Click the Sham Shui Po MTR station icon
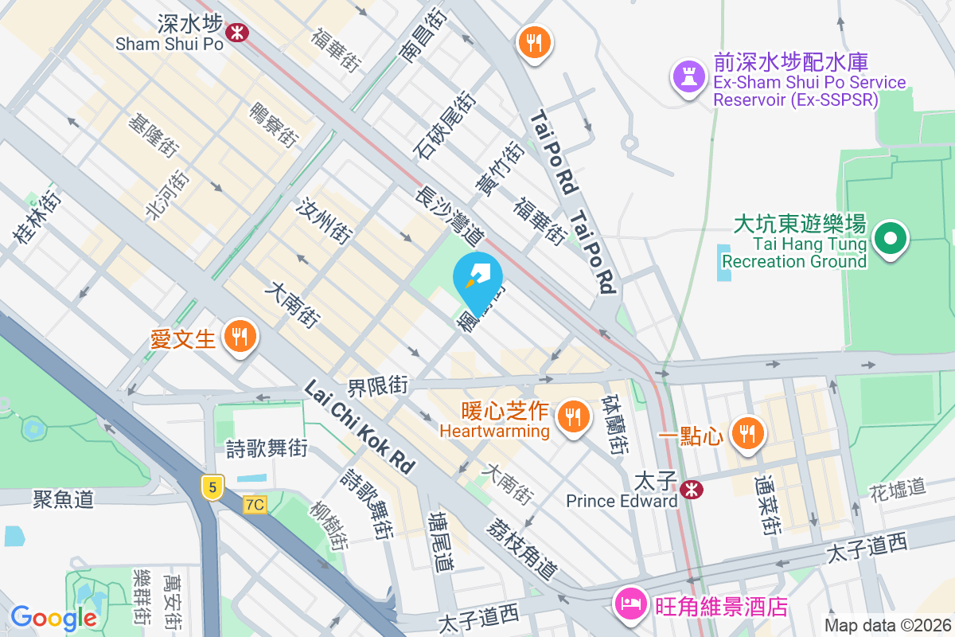click(236, 32)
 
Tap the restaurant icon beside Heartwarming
click(571, 416)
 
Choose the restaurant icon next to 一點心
click(746, 433)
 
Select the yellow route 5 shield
click(210, 487)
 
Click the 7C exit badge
click(255, 505)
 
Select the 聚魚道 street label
click(64, 499)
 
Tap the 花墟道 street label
click(897, 487)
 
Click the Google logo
click(54, 618)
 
